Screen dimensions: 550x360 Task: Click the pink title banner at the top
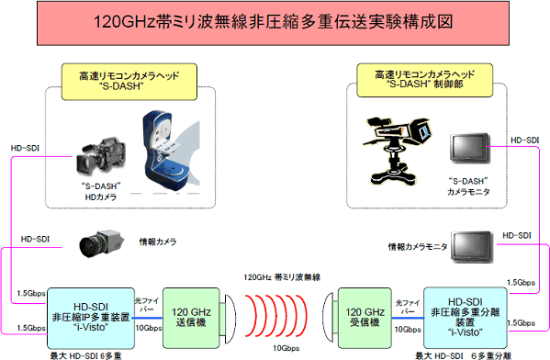(273, 23)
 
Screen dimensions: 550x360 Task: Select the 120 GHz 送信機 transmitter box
(191, 318)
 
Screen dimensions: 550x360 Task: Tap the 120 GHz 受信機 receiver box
(365, 318)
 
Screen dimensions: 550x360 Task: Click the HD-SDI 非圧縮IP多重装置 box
(91, 319)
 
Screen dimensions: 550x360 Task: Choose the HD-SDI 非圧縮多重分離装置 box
(466, 318)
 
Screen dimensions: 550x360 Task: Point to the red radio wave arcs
(276, 316)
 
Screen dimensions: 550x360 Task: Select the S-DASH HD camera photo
(101, 156)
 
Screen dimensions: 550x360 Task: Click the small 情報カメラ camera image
(101, 243)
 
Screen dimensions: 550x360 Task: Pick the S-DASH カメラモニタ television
(470, 149)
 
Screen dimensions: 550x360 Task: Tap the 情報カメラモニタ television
(472, 247)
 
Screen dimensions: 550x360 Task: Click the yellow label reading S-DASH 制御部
(424, 80)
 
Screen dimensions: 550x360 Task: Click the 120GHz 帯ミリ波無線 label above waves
(282, 277)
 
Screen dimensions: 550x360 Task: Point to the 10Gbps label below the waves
(286, 348)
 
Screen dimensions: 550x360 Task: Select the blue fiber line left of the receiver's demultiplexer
(408, 319)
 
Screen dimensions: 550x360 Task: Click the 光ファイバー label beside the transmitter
(147, 305)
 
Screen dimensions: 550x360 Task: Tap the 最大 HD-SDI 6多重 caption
(85, 355)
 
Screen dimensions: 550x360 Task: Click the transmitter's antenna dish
(228, 319)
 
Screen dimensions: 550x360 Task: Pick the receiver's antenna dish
(331, 318)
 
